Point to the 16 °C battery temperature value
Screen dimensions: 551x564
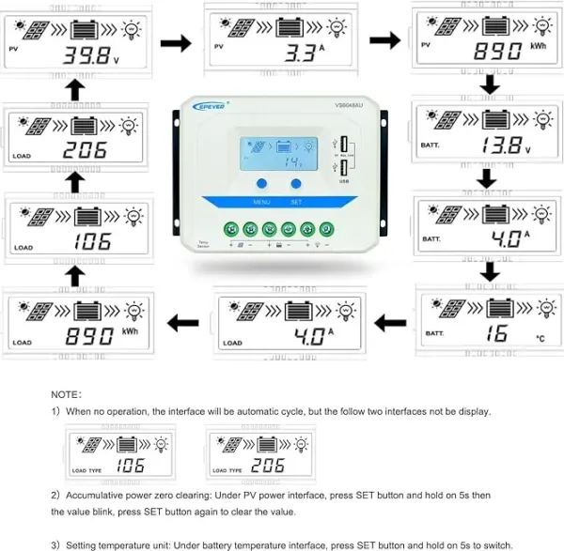tap(497, 333)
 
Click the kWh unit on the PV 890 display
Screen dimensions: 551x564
tap(539, 45)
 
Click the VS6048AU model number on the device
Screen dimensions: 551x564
tap(349, 105)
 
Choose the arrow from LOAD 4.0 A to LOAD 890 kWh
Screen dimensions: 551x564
tap(182, 323)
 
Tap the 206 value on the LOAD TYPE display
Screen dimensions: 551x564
tap(269, 465)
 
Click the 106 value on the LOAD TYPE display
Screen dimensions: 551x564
tap(129, 465)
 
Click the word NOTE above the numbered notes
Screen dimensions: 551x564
tap(67, 395)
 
